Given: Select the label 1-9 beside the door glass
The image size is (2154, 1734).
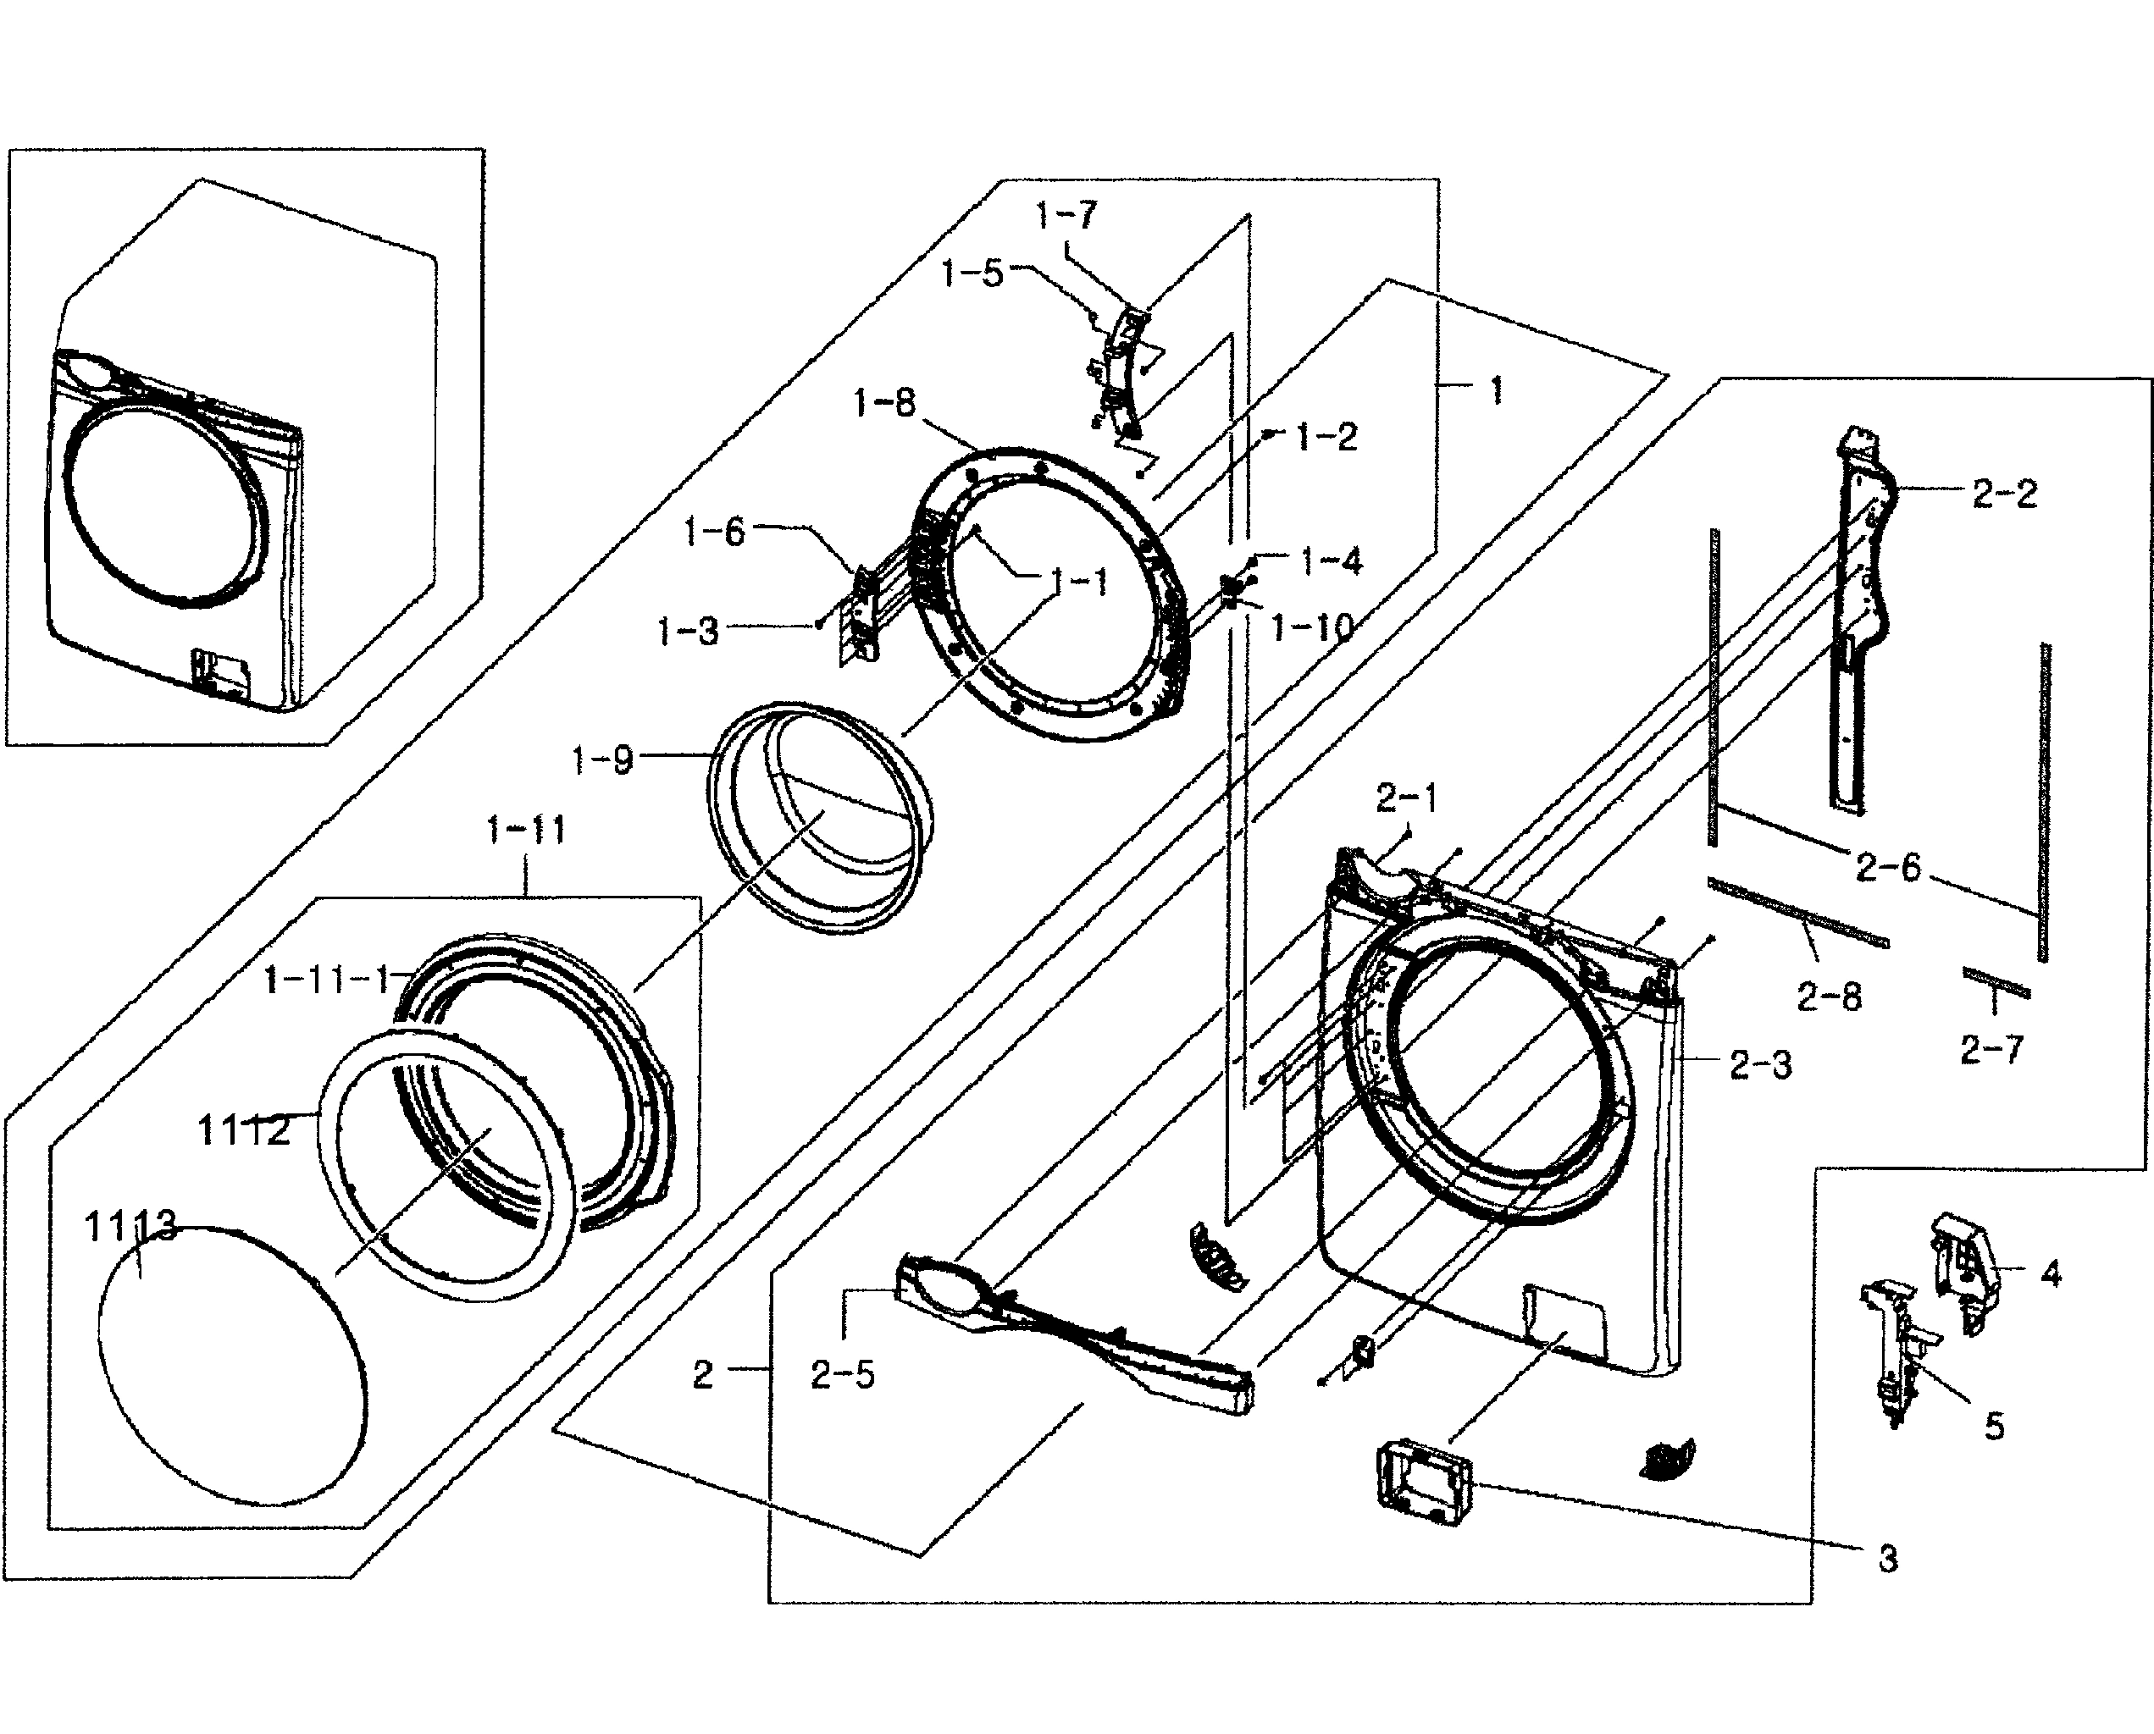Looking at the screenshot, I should click(x=602, y=760).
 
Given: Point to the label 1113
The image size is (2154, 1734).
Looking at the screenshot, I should click(x=131, y=1227).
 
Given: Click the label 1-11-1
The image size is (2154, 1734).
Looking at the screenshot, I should click(x=327, y=980).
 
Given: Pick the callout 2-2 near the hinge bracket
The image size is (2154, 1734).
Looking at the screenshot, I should click(x=2004, y=494).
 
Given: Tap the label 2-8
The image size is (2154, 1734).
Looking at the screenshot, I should click(x=1830, y=996).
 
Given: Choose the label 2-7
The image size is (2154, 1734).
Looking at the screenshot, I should click(x=1991, y=1049).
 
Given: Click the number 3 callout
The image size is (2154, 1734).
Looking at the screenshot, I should click(x=1887, y=1558).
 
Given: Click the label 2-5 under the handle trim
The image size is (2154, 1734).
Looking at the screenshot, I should click(x=842, y=1375).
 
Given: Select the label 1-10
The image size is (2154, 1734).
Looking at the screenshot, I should click(x=1312, y=627).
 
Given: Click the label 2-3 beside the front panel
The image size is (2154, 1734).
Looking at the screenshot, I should click(x=1760, y=1065).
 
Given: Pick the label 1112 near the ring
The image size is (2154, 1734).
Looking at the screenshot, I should click(x=244, y=1130).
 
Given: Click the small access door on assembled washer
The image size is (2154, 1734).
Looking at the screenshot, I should click(x=222, y=669).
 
